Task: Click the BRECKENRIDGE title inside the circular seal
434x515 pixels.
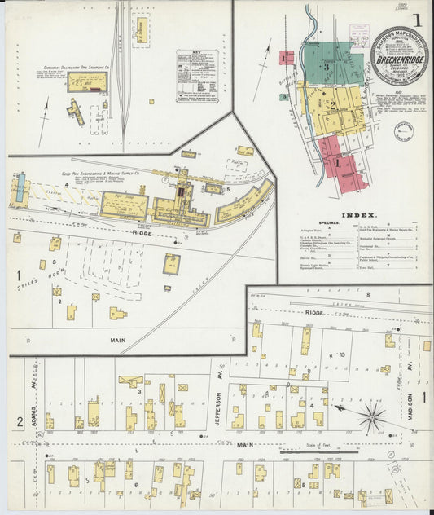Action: [399, 59]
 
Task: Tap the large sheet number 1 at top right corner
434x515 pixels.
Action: [417, 20]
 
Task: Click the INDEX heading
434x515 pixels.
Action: [358, 215]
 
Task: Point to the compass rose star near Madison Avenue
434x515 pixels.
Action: [372, 418]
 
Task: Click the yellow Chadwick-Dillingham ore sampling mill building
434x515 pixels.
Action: [87, 81]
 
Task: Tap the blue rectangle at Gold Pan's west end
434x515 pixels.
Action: [20, 189]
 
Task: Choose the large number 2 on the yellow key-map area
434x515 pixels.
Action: [332, 103]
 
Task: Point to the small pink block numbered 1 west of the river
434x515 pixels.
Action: [287, 58]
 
